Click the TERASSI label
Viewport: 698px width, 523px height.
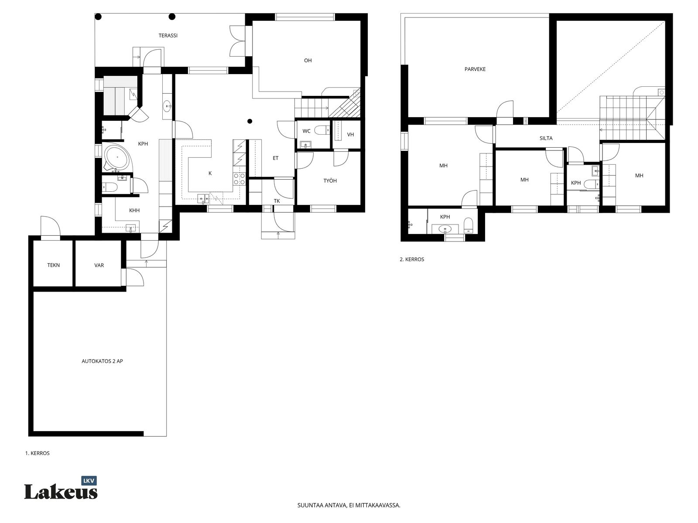click(x=168, y=36)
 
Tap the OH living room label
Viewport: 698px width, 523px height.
click(x=308, y=60)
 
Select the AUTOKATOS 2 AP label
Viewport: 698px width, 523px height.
click(x=102, y=361)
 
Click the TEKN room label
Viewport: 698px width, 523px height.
click(x=53, y=265)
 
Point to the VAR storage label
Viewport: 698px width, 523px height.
click(x=99, y=265)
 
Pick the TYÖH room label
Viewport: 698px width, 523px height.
click(x=330, y=181)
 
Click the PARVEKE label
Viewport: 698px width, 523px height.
click(x=475, y=69)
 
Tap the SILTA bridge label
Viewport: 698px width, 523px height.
click(x=546, y=138)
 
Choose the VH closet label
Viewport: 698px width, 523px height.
click(x=350, y=135)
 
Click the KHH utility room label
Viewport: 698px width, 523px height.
click(x=134, y=210)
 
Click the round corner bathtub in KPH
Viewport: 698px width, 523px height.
click(x=116, y=157)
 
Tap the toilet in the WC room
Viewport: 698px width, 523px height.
click(x=322, y=130)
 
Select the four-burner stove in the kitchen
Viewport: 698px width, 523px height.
click(x=239, y=179)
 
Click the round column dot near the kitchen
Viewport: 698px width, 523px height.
click(x=250, y=121)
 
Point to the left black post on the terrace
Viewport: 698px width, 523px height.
click(x=99, y=17)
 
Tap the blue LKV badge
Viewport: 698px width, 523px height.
click(x=89, y=481)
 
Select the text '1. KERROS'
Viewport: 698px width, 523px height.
click(x=37, y=453)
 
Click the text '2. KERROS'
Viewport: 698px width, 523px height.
click(x=412, y=259)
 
